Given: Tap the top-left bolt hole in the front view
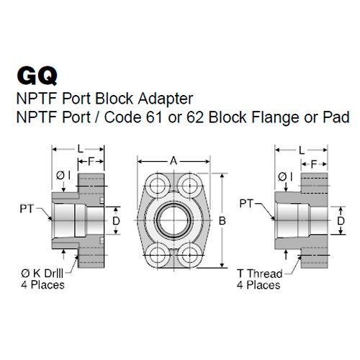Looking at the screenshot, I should click(x=155, y=181).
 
